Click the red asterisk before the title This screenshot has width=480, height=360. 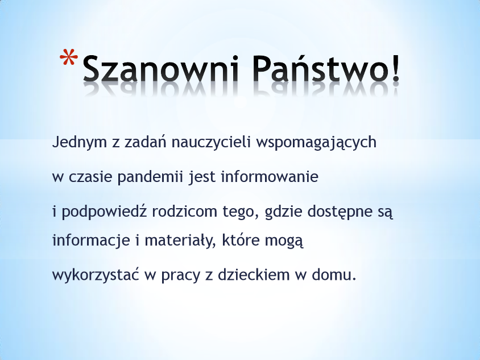(69, 57)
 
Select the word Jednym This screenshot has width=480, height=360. (79, 142)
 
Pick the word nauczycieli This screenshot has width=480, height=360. (211, 142)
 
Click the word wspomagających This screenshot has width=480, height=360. (316, 143)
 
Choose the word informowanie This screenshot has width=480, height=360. (270, 177)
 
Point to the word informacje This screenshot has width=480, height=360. (91, 241)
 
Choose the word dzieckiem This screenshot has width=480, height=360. (254, 275)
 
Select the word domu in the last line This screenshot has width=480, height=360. (332, 275)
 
